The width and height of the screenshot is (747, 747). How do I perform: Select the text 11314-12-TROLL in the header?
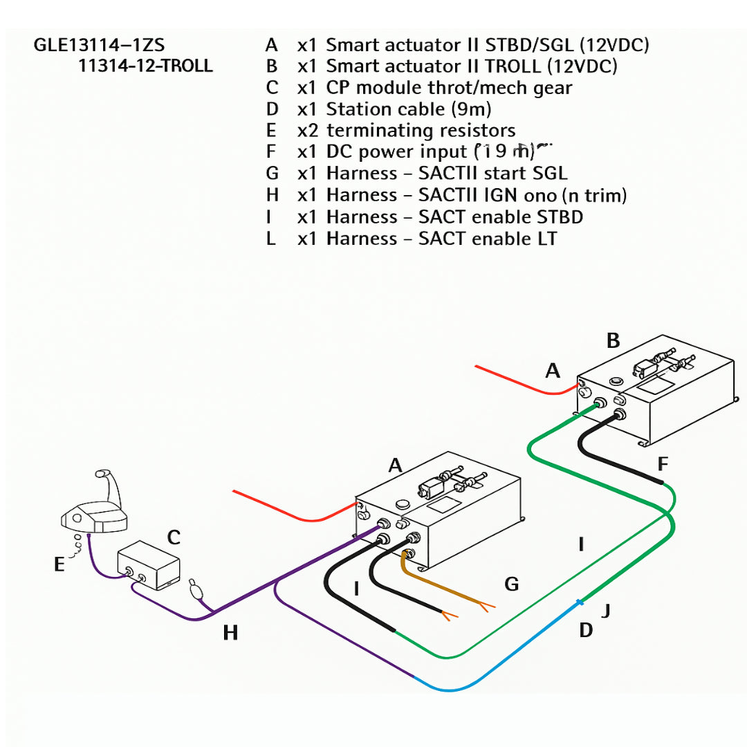146,66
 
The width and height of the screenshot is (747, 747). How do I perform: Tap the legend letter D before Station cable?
271,109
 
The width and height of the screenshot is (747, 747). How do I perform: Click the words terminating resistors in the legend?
421,130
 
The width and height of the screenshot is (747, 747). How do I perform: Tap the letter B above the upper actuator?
613,341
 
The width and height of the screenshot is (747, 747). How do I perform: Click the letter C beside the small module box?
174,537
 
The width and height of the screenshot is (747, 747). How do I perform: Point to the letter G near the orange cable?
511,585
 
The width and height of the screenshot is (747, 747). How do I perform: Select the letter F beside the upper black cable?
663,463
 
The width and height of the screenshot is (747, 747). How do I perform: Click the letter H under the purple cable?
230,632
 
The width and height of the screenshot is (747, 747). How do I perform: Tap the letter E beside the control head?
59,565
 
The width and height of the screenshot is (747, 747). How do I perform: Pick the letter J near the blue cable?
607,611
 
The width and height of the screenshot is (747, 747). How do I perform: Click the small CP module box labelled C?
148,566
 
